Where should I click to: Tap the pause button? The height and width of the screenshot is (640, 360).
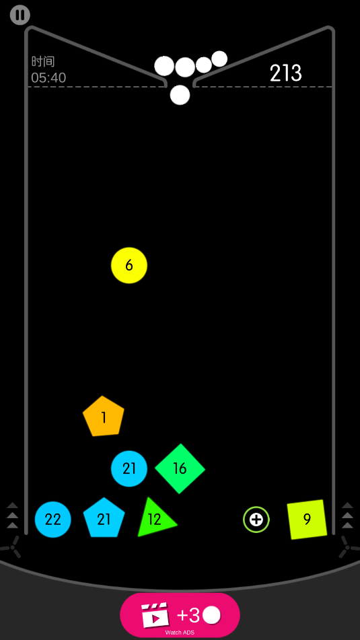tap(20, 15)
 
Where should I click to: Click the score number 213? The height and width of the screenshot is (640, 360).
tap(286, 73)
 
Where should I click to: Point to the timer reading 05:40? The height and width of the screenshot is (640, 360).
tap(48, 77)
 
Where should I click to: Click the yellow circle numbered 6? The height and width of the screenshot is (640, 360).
tap(129, 265)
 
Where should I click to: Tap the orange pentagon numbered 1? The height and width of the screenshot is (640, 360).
tap(104, 417)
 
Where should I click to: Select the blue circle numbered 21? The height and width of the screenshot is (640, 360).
tap(129, 468)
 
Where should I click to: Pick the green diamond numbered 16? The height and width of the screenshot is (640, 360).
tap(180, 468)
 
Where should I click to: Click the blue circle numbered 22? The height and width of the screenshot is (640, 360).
tap(52, 520)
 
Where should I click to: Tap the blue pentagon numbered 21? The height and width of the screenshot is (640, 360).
tap(104, 518)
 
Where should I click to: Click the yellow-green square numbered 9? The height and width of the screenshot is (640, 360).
tap(307, 519)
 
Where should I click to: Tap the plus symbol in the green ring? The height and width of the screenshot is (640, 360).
tap(256, 520)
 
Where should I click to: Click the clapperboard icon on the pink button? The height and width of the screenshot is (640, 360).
tap(155, 614)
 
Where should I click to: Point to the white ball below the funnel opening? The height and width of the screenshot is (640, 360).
tap(180, 95)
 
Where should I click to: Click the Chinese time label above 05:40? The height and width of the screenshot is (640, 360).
tap(43, 62)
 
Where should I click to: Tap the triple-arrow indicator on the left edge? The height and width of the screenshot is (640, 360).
tap(12, 515)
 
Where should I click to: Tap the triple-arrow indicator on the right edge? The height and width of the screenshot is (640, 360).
tap(347, 515)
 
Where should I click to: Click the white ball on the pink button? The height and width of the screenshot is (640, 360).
tap(211, 615)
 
